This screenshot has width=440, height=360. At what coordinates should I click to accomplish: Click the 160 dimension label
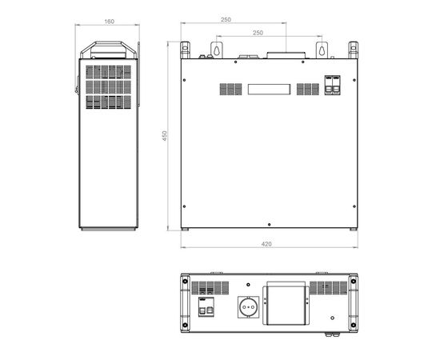pos(109,22)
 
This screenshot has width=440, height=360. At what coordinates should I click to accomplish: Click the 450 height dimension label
pos(165,136)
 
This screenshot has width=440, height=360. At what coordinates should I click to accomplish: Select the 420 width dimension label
pos(266,244)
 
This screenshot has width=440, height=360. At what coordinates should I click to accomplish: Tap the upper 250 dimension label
pos(226,20)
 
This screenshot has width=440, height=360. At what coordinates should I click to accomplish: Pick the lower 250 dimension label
pos(258,33)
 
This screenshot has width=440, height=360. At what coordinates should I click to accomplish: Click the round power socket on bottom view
pos(248,307)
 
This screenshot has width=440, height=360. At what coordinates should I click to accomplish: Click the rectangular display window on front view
pos(269,90)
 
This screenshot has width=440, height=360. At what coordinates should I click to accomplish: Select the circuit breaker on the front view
pos(333,85)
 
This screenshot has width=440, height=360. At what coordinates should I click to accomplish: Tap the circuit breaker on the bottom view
pos(206,307)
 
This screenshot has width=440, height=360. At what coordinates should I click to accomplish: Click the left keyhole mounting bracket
pos(217,50)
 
